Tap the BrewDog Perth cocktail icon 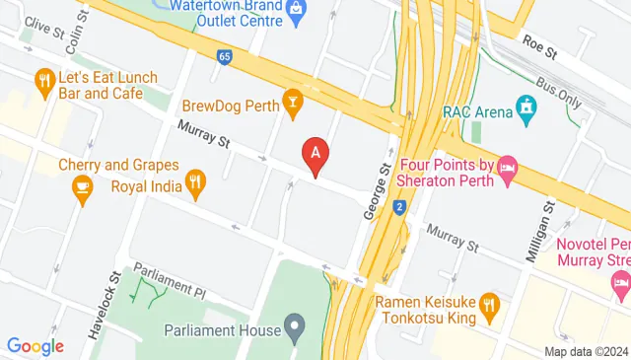click(292, 102)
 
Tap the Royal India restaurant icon click(196, 182)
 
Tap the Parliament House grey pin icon click(294, 324)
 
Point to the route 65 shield click(225, 57)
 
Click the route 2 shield click(399, 207)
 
